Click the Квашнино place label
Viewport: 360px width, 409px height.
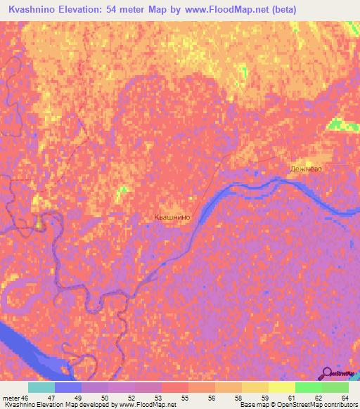172,218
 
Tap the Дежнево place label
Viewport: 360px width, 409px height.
307,169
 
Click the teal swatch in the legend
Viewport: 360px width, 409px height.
41,387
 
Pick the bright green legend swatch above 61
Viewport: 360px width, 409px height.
309,387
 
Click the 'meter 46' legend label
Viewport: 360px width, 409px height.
15,397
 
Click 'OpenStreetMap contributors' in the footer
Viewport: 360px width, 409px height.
316,405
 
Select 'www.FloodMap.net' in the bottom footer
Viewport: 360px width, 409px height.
147,405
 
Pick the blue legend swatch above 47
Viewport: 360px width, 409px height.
68,387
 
